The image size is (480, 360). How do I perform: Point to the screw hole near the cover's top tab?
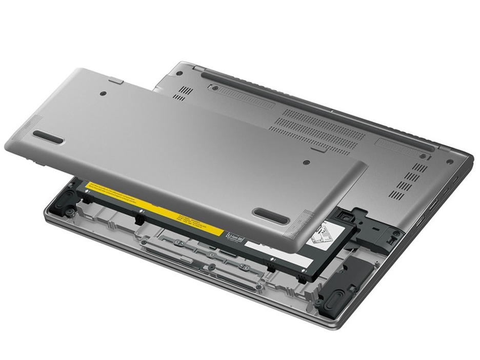point(104,94)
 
